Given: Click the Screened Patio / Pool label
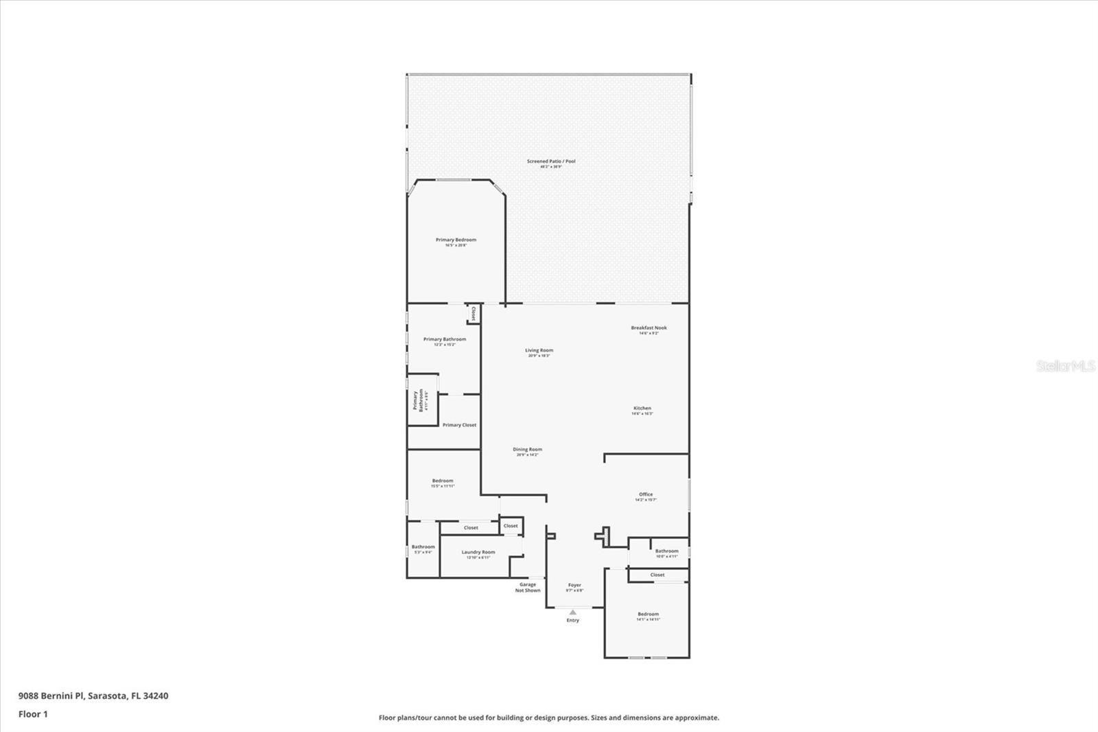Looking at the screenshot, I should (x=551, y=162).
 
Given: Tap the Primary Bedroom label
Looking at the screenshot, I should (x=456, y=240).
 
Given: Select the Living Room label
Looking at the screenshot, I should (x=539, y=351).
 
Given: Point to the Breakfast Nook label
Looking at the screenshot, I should (x=649, y=328).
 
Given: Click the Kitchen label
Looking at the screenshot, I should (x=642, y=409).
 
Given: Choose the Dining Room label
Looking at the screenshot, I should (x=527, y=450).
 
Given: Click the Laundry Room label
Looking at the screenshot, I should (x=478, y=553).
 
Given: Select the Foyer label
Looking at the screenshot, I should (x=574, y=586).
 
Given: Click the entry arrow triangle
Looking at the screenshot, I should (x=572, y=612).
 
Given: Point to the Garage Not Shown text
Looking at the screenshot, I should (x=528, y=587).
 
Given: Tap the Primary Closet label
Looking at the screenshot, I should (x=459, y=425).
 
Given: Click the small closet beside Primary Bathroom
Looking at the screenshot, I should (x=473, y=314).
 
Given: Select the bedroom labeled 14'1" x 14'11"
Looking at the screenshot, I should (x=648, y=615).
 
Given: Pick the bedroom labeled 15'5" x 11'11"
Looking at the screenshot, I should (x=443, y=481).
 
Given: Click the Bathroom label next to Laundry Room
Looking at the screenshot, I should (x=423, y=547).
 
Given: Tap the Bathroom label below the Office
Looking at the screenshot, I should (x=666, y=551).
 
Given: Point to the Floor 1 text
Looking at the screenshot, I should (x=33, y=714).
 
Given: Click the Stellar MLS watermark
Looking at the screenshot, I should (x=1065, y=366).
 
